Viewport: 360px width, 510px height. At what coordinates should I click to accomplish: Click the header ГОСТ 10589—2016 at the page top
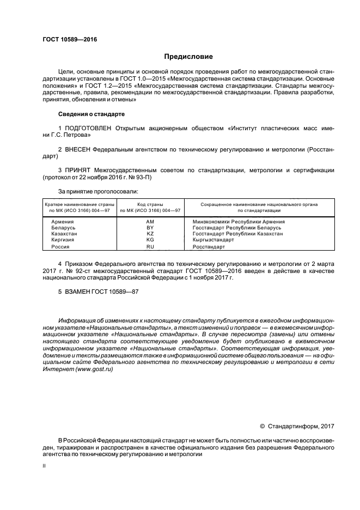[x=66, y=39]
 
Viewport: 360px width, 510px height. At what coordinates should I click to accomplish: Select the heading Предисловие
[x=189, y=57]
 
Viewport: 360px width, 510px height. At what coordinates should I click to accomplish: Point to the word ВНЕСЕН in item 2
[x=76, y=149]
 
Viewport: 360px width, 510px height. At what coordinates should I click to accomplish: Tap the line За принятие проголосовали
[x=98, y=191]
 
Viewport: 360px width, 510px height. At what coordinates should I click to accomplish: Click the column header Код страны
[x=150, y=203]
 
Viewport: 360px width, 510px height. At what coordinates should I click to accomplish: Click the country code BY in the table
[x=150, y=228]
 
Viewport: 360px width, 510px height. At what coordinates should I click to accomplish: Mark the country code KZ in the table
[x=150, y=234]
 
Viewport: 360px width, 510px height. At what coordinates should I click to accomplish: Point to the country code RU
[x=150, y=246]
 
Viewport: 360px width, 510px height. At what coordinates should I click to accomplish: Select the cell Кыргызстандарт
[x=213, y=240]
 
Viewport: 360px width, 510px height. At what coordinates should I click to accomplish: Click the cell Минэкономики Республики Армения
[x=239, y=222]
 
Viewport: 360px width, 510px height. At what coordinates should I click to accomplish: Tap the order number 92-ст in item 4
[x=80, y=271]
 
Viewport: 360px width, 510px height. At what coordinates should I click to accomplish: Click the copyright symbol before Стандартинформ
[x=262, y=426]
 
